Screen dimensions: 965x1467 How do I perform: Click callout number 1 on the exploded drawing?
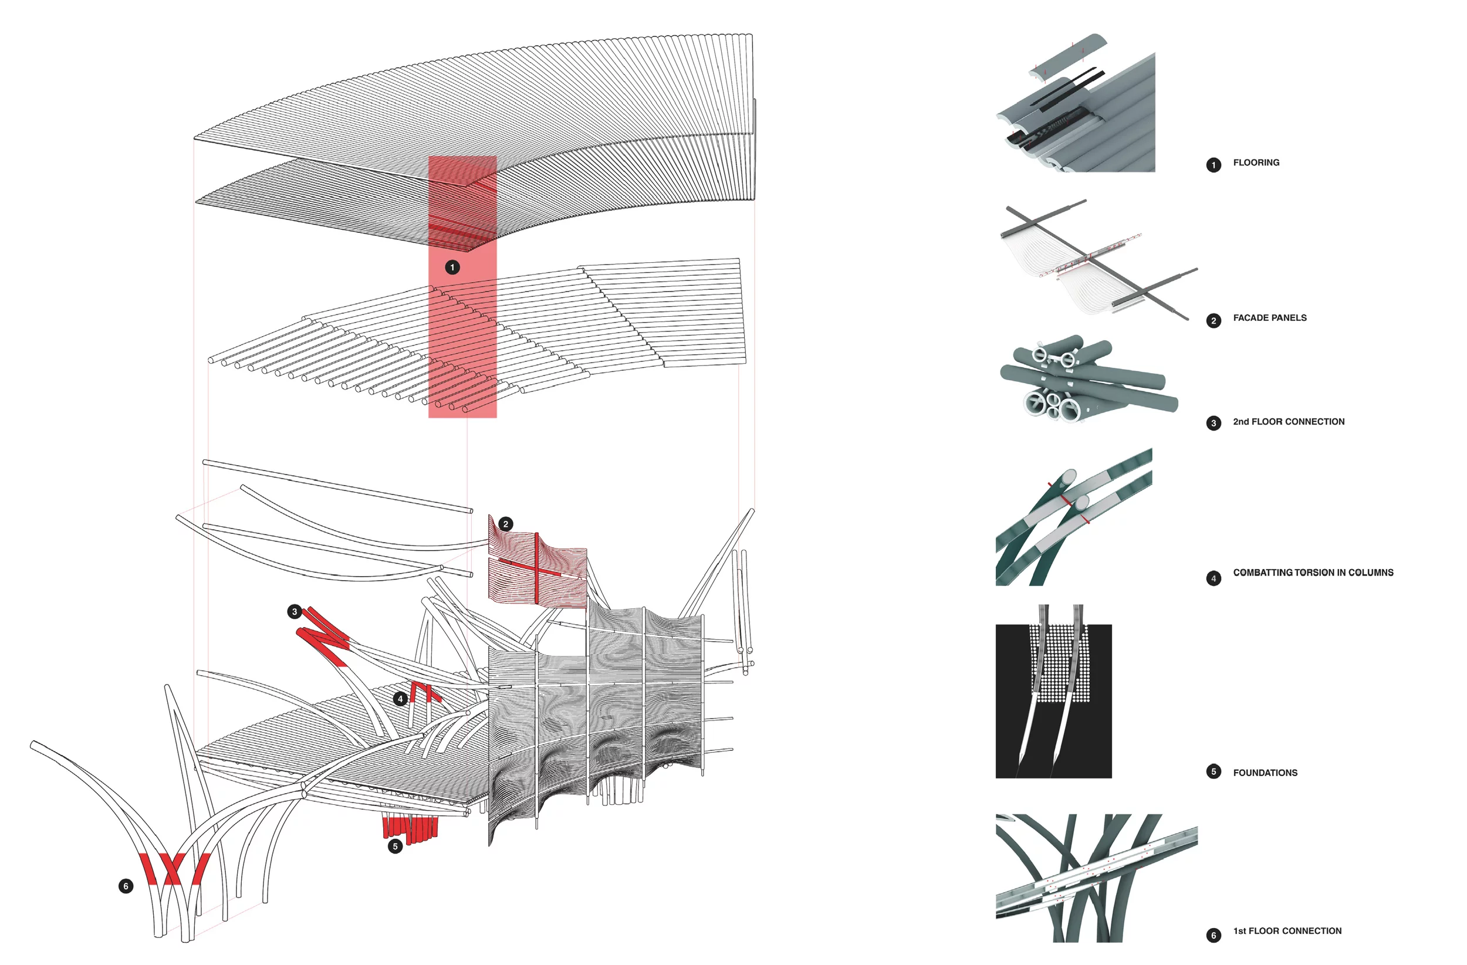click(x=452, y=268)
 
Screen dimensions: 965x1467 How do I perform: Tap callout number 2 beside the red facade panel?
click(x=505, y=524)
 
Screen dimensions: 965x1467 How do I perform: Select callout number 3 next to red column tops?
click(x=295, y=612)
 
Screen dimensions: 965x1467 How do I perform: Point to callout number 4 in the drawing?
click(x=401, y=699)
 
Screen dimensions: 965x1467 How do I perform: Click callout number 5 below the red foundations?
click(x=395, y=847)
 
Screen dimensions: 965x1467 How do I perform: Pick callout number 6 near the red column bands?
click(x=126, y=887)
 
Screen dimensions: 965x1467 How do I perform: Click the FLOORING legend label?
click(x=1256, y=162)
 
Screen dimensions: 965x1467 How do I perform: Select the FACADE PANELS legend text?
click(x=1269, y=318)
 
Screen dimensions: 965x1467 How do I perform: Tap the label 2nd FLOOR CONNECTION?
click(x=1288, y=422)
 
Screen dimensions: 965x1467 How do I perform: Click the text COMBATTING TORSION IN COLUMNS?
click(x=1312, y=573)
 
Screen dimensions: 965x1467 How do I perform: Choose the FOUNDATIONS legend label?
click(x=1265, y=773)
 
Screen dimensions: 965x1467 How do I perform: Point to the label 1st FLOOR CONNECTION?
click(x=1286, y=931)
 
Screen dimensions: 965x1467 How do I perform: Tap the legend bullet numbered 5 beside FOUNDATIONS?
click(x=1213, y=772)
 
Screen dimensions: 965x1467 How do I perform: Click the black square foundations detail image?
click(x=1053, y=701)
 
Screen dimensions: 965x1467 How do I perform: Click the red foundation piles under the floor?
click(x=410, y=827)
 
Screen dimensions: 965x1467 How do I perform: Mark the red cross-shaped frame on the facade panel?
click(x=537, y=567)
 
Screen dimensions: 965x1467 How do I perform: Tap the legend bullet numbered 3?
click(x=1213, y=424)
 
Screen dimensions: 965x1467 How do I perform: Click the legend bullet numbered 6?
click(x=1213, y=936)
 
